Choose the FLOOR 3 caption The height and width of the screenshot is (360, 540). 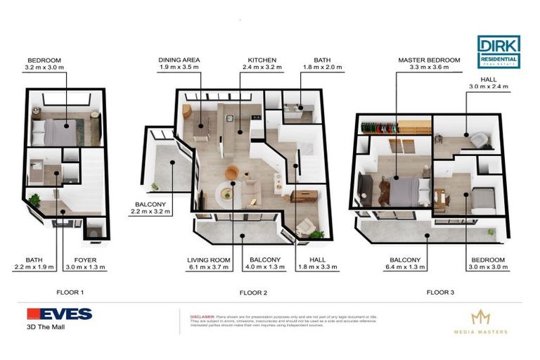(442, 291)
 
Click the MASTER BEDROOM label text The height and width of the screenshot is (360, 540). (428, 60)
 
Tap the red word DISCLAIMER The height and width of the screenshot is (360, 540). (202, 317)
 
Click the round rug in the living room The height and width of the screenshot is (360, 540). (228, 190)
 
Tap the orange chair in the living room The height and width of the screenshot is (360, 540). (234, 172)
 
